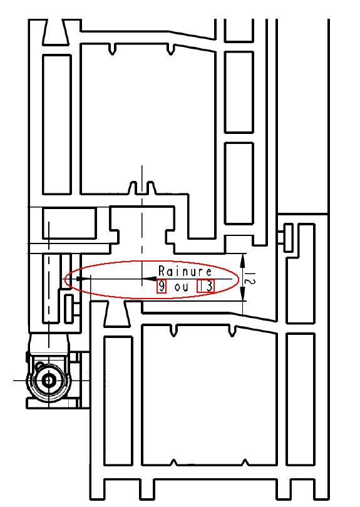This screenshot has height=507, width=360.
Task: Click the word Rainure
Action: pyautogui.click(x=185, y=271)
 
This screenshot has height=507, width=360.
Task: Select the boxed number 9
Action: pyautogui.click(x=162, y=287)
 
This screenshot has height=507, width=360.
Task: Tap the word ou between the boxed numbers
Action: pyautogui.click(x=181, y=287)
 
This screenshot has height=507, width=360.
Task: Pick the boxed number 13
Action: pyautogui.click(x=206, y=286)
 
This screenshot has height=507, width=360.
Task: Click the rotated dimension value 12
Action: pyautogui.click(x=250, y=277)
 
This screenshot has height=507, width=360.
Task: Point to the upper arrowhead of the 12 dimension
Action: pyautogui.click(x=243, y=260)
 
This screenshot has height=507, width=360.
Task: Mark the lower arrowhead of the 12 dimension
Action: pyautogui.click(x=243, y=294)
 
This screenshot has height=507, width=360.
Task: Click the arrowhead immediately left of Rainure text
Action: pyautogui.click(x=149, y=279)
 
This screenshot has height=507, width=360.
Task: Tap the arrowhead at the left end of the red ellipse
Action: pyautogui.click(x=83, y=279)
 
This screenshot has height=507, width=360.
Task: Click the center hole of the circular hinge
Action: pyautogui.click(x=49, y=381)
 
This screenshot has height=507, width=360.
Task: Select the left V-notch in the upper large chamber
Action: pyautogui.click(x=112, y=49)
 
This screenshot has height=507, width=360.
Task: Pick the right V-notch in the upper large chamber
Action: pyautogui.click(x=170, y=49)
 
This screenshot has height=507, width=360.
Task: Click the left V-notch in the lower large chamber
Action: pyautogui.click(x=173, y=330)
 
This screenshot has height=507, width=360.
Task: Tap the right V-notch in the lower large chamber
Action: pyautogui.click(x=232, y=330)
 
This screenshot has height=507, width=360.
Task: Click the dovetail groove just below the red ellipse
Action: pyautogui.click(x=116, y=314)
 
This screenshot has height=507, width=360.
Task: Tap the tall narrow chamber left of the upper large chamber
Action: pyautogui.click(x=57, y=125)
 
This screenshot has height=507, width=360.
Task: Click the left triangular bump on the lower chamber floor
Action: pyautogui.click(x=174, y=463)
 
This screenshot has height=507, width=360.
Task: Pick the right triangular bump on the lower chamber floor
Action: pyautogui.click(x=245, y=463)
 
